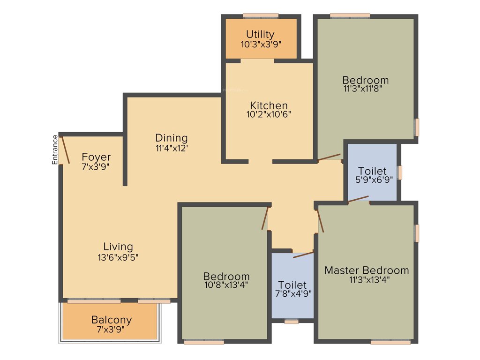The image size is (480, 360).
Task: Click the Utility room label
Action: click(260, 34)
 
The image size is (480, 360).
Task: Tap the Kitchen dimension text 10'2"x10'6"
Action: click(269, 114)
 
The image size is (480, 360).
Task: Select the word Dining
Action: click(172, 138)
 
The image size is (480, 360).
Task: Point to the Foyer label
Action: click(96, 157)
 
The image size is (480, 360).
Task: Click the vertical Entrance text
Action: click(55, 150)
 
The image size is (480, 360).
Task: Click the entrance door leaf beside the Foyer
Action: click(65, 149)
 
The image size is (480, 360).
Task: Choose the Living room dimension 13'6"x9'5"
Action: click(118, 257)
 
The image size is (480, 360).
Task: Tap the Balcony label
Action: click(112, 320)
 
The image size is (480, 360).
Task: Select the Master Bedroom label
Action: click(367, 270)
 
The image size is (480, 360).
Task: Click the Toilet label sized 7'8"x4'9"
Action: click(292, 285)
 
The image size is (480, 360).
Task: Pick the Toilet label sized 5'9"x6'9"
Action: click(373, 171)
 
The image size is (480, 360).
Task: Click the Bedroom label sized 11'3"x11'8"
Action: click(365, 80)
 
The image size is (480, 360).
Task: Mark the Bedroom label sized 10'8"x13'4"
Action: click(226, 276)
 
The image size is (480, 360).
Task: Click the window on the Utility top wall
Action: click(261, 16)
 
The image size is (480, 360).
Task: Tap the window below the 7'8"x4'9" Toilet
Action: click(292, 322)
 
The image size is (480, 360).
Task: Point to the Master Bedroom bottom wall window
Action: click(390, 342)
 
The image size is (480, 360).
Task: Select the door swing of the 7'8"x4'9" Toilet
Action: click(303, 255)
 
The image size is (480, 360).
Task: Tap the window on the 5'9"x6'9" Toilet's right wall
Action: click(400, 172)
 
